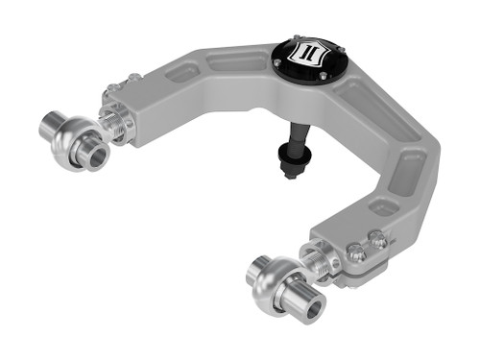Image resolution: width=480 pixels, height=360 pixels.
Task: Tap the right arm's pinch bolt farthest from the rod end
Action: [x=379, y=242]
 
